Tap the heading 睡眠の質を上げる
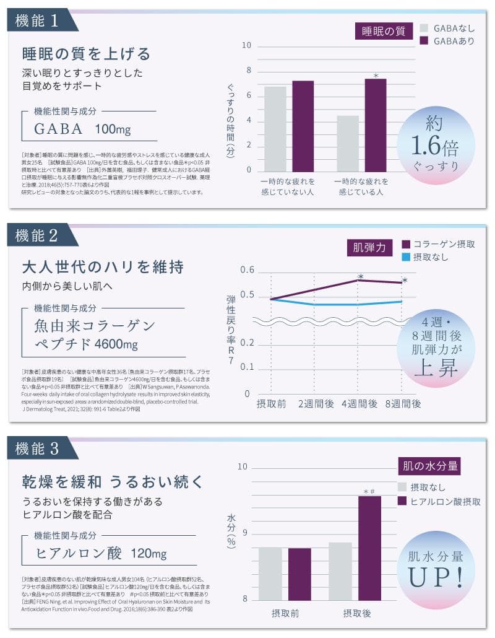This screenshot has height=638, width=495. point(86,53)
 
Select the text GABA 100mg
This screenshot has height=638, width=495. point(82,129)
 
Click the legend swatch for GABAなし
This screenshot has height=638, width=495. point(424,28)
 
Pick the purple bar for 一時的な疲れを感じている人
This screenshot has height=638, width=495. point(375,125)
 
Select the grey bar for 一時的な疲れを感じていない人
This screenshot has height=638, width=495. point(275,128)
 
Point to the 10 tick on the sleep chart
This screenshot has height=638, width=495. point(246,46)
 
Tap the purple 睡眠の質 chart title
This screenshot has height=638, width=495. point(384,30)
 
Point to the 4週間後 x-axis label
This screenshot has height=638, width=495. point(359,404)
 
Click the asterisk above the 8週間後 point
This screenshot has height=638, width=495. point(405,281)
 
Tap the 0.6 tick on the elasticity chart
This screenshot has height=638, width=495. point(247,270)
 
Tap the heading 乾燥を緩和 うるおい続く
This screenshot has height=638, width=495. point(112,481)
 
